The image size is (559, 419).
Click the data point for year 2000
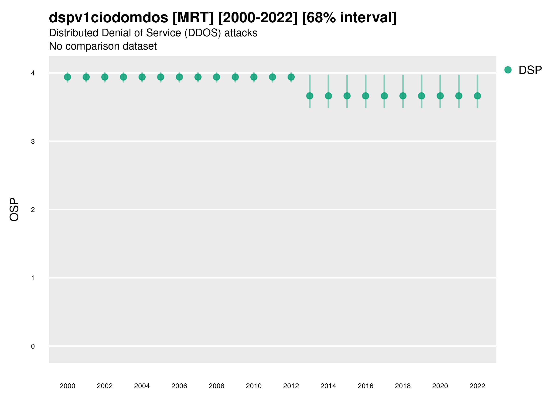click(x=68, y=77)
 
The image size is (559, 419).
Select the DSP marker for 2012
click(x=291, y=77)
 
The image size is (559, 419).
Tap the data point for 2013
click(x=310, y=96)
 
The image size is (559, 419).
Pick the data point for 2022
click(x=477, y=96)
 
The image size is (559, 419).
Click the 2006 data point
click(x=179, y=77)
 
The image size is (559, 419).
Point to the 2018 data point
click(x=403, y=96)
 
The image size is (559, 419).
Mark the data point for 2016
click(x=366, y=96)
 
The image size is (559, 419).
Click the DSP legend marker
click(x=508, y=70)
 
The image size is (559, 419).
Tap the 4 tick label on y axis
click(x=33, y=73)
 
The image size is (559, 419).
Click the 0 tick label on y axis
click(x=33, y=346)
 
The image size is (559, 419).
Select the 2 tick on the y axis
click(x=33, y=210)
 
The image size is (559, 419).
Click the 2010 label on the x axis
click(x=254, y=386)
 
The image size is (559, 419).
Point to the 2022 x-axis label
click(x=477, y=386)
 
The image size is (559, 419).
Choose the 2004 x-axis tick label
click(x=142, y=386)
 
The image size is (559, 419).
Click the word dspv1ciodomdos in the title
click(x=108, y=18)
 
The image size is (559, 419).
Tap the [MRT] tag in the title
click(x=193, y=18)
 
